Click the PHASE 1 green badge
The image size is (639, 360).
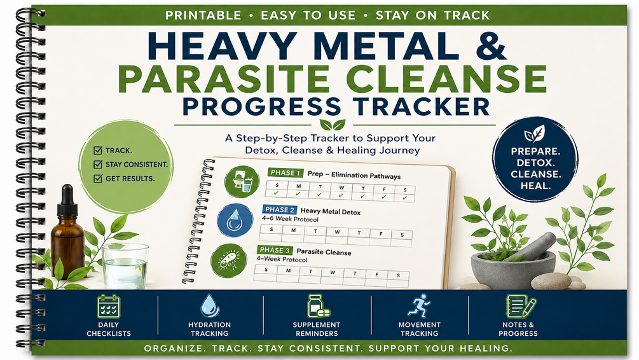point(285,173)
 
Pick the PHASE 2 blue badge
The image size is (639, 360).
point(280,209)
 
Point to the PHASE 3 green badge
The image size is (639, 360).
point(275,250)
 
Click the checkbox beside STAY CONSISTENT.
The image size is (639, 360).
point(98,164)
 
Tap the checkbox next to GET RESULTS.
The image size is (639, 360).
point(98,178)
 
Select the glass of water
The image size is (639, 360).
point(125,266)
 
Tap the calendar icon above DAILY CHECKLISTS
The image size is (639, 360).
point(108,306)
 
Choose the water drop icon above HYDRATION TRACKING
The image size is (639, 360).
point(209,306)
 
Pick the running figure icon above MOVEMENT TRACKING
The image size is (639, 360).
point(418,306)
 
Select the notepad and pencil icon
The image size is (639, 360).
point(521,306)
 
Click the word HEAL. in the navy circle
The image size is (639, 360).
point(535,186)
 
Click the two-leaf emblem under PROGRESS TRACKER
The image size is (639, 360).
point(333,125)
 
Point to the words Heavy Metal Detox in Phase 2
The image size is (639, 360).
point(331,211)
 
